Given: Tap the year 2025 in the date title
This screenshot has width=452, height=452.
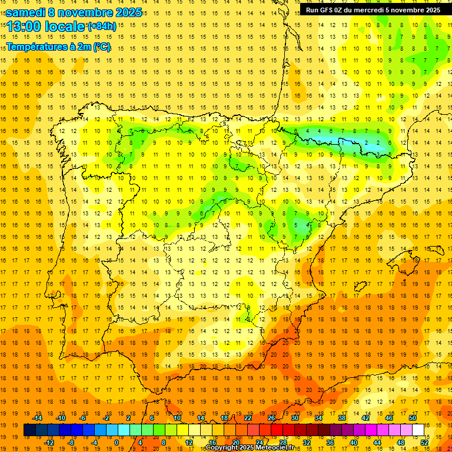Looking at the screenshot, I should [125, 12].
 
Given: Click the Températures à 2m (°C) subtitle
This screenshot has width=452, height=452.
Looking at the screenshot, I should [58, 46].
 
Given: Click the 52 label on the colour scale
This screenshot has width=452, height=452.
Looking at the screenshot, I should [424, 442].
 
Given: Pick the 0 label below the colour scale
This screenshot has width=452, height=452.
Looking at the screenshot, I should [117, 442].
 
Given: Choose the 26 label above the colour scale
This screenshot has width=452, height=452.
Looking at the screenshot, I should [271, 418].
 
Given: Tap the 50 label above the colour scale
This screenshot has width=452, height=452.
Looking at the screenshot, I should [413, 418].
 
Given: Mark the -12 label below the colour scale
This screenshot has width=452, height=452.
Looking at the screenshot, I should [49, 442].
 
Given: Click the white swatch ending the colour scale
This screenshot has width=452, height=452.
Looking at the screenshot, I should [418, 430].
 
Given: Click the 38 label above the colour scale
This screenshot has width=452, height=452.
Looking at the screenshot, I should [342, 418].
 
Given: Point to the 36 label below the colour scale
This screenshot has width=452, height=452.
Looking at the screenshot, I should [330, 442].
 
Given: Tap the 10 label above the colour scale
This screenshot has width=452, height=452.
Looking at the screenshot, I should [177, 418].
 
